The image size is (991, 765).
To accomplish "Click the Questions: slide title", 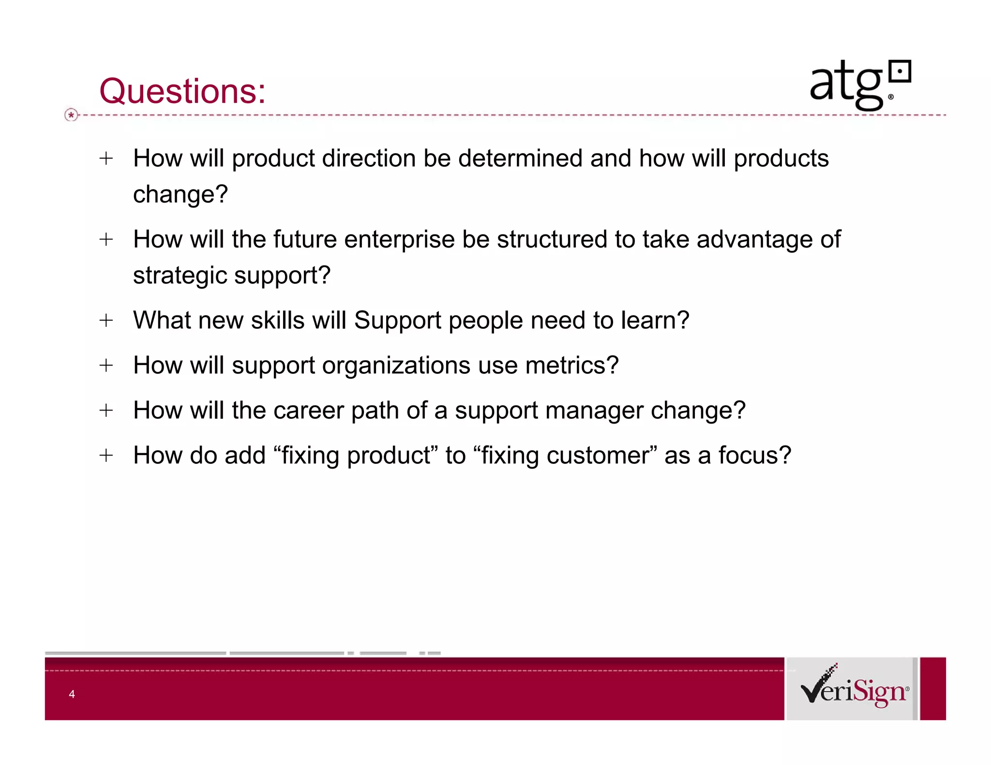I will pyautogui.click(x=182, y=91).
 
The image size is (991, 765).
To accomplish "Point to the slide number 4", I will pyautogui.click(x=72, y=694).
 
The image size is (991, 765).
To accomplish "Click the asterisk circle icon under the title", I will pyautogui.click(x=71, y=115).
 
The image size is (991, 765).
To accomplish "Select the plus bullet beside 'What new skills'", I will pyautogui.click(x=106, y=320).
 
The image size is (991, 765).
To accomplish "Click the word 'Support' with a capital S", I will pyautogui.click(x=398, y=320).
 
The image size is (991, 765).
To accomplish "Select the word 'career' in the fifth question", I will pyautogui.click(x=308, y=411).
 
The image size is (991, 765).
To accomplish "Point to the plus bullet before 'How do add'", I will pyautogui.click(x=106, y=455).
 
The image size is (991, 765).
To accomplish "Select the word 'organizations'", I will pyautogui.click(x=396, y=365).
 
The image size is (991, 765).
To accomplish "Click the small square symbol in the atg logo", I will pyautogui.click(x=900, y=73).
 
